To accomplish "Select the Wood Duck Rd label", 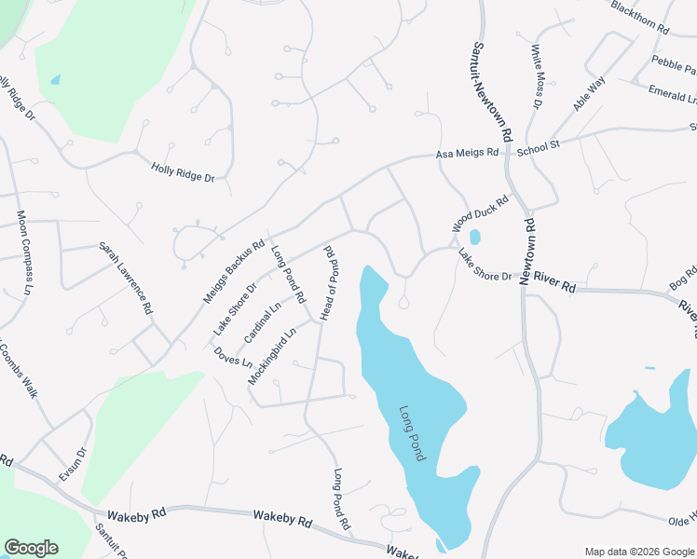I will (x=481, y=214).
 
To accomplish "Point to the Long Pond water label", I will (x=412, y=432).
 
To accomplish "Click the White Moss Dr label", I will (x=536, y=76).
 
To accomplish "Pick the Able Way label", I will (x=589, y=95).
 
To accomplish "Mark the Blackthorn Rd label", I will (x=640, y=17).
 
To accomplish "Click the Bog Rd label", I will (x=682, y=277).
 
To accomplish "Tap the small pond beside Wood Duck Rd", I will (x=474, y=237).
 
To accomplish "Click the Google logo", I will (x=31, y=548).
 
